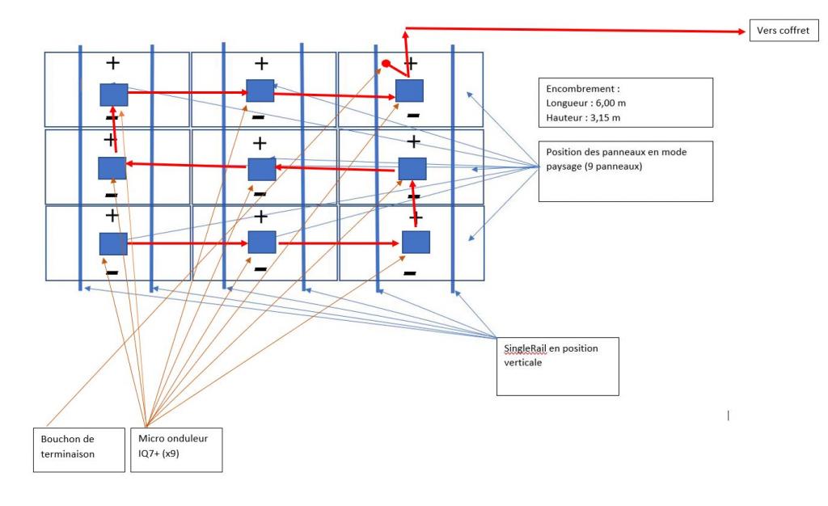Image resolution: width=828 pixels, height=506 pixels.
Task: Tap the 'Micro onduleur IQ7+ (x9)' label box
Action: click(175, 449)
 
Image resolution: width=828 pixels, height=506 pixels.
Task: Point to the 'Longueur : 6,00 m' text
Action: click(584, 103)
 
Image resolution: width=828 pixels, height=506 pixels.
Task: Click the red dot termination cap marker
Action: click(387, 63)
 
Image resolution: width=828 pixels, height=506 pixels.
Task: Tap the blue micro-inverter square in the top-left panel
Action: click(114, 95)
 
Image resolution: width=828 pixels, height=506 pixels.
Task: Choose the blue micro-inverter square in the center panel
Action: click(261, 169)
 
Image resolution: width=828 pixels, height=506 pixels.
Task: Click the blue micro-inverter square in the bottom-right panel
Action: click(416, 242)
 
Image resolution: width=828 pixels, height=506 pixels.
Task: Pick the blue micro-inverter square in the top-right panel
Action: click(408, 91)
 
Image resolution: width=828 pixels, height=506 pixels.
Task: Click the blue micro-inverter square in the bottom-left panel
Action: click(113, 243)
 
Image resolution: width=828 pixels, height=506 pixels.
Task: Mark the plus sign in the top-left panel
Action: click(112, 61)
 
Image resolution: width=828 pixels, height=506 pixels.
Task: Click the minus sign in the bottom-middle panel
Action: click(260, 268)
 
